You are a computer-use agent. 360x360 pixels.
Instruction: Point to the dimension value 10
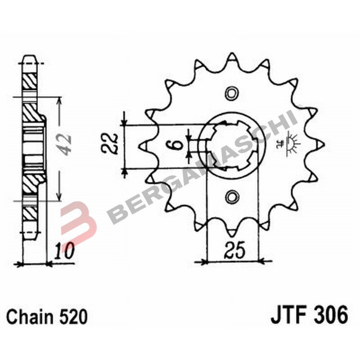pos(63,251)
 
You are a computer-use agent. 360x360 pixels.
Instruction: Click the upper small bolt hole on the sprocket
pos(232,94)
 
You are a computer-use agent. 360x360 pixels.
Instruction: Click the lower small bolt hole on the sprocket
pos(232,196)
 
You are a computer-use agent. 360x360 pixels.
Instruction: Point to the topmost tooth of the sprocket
pos(232,58)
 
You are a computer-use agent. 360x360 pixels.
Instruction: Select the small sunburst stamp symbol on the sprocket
pos(291,143)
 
